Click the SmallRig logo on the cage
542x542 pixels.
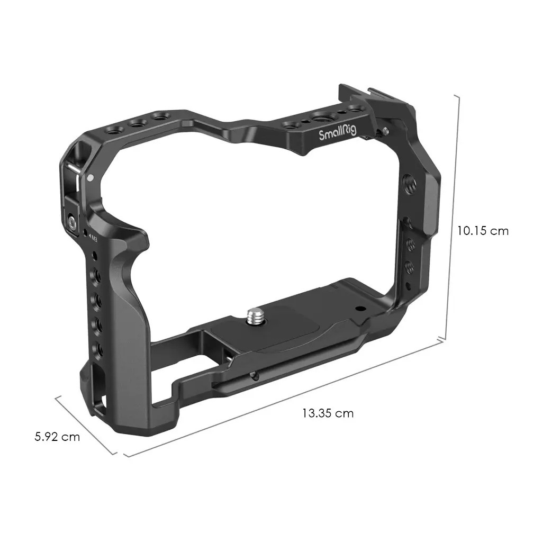coord(337,133)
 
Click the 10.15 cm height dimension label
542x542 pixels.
coord(483,231)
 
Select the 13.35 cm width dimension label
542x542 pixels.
coord(328,413)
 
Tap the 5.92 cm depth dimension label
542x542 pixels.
coord(57,437)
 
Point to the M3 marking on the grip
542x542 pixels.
coord(93,238)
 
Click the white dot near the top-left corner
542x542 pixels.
coord(90,178)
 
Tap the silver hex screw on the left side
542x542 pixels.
coord(72,223)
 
